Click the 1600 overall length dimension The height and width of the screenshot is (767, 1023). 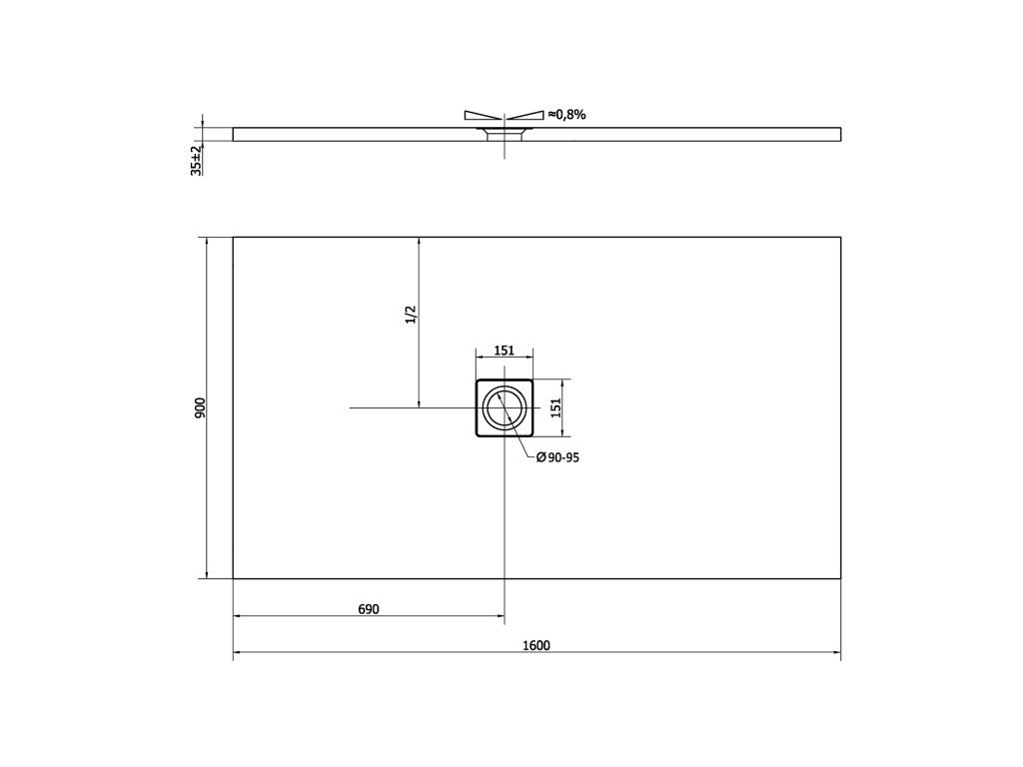[x=536, y=646]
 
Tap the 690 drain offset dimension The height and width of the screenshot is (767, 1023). [x=369, y=609]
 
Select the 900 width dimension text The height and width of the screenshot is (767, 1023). [x=200, y=407]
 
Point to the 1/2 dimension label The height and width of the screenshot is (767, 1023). [x=411, y=315]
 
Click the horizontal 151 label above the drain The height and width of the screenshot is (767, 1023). [x=504, y=351]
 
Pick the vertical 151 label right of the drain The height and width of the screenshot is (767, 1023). [x=555, y=407]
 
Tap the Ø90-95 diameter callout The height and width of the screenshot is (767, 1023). [x=557, y=457]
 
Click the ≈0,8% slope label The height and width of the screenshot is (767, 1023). [x=567, y=115]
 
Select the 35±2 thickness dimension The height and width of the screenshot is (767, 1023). [x=196, y=161]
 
